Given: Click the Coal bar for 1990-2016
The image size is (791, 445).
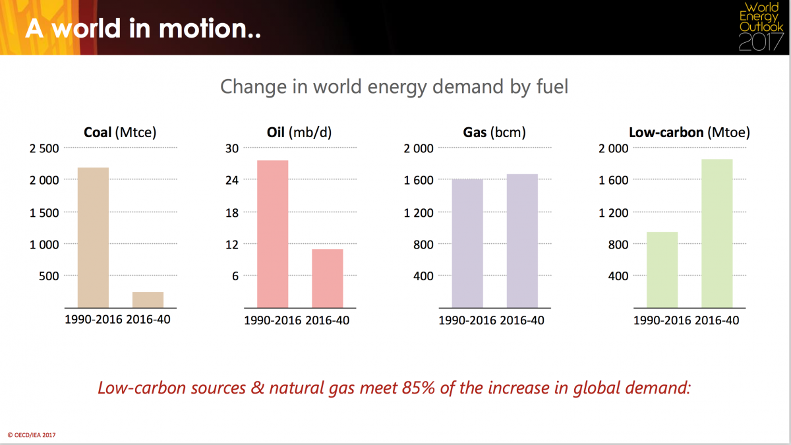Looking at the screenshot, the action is tap(93, 238).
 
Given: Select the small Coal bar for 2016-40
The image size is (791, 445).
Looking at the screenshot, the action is tap(148, 300).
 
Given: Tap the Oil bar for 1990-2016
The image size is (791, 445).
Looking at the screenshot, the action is tap(273, 234).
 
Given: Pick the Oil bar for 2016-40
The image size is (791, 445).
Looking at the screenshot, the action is tap(328, 279).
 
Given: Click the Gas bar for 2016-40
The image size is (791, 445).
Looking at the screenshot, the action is tap(522, 241).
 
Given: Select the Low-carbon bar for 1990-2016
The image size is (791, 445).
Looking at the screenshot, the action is tap(662, 270).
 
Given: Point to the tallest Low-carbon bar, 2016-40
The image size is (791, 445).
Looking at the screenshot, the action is tap(717, 233).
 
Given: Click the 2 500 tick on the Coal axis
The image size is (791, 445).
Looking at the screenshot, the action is tap(44, 148).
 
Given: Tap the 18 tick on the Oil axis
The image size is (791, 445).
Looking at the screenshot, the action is tap(232, 212).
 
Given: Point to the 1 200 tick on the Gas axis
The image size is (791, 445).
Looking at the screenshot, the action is tap(419, 212).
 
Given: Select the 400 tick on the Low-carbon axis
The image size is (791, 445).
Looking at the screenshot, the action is tap(618, 276).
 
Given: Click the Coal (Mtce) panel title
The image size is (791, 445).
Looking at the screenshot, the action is tap(120, 133).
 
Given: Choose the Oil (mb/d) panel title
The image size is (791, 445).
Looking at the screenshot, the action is tap(299, 133).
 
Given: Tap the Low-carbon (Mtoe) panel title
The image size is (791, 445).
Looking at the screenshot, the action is tap(689, 133).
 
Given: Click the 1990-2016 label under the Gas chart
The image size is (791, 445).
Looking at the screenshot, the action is tap(467, 320).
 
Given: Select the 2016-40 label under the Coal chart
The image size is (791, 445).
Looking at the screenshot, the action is tap(148, 319).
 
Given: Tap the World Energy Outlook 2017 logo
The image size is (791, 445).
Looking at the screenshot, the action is tap(761, 27).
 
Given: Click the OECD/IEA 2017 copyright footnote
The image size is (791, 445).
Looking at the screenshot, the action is tap(32, 435).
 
